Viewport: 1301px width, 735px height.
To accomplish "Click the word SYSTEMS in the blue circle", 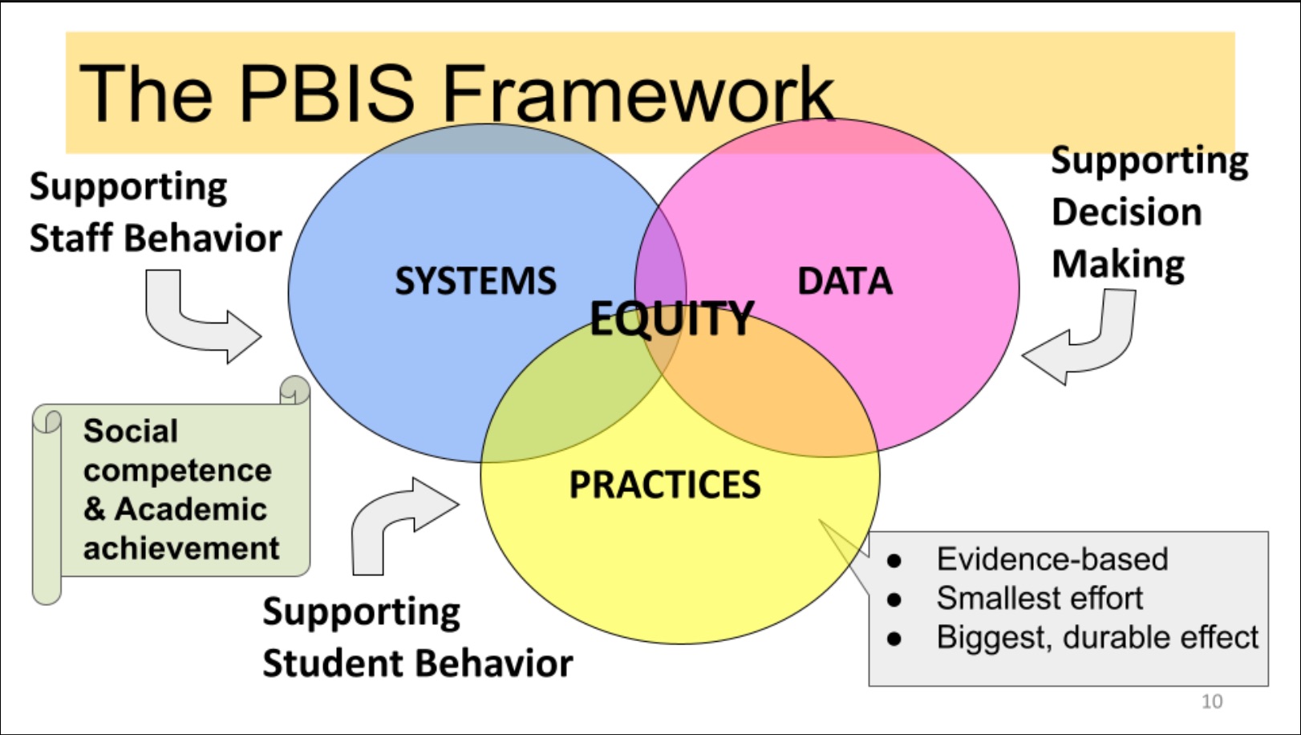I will pyautogui.click(x=475, y=282).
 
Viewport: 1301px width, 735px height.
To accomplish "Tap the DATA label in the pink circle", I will pyautogui.click(x=844, y=282).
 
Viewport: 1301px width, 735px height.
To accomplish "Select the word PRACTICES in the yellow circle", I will pyautogui.click(x=664, y=485).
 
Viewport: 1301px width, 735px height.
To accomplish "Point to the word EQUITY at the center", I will pyautogui.click(x=672, y=319).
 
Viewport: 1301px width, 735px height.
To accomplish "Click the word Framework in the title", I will pyautogui.click(x=638, y=94).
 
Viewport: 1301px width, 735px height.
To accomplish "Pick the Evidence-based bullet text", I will pyautogui.click(x=1052, y=559).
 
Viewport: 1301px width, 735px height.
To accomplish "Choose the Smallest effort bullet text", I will pyautogui.click(x=1040, y=599).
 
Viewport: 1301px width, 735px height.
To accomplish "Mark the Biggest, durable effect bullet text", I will pyautogui.click(x=1096, y=638).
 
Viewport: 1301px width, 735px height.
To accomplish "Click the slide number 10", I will pyautogui.click(x=1211, y=701).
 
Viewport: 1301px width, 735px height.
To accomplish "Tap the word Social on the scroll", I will pyautogui.click(x=131, y=431).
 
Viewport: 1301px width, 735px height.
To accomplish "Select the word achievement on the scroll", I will pyautogui.click(x=181, y=549).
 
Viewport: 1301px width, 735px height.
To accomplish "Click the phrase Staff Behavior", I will pyautogui.click(x=156, y=238).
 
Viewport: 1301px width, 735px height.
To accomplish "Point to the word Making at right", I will pyautogui.click(x=1118, y=265).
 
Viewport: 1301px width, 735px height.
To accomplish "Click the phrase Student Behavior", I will pyautogui.click(x=417, y=664).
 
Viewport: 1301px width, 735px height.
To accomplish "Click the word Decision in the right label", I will pyautogui.click(x=1126, y=213).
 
